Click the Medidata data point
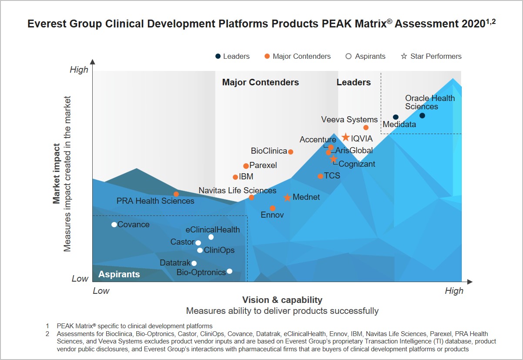click(x=396, y=117)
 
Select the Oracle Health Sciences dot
click(x=422, y=115)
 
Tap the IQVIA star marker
click(x=345, y=138)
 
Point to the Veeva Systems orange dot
click(x=366, y=128)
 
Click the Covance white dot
click(x=114, y=225)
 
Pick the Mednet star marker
click(x=287, y=198)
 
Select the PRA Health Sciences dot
click(x=176, y=194)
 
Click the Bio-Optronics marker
click(x=229, y=271)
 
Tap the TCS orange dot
click(x=320, y=176)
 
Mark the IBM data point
click(x=235, y=177)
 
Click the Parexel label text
click(x=263, y=165)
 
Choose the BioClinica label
click(x=269, y=151)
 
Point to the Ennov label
click(x=272, y=215)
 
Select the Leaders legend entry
click(x=233, y=56)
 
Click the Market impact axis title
click(x=57, y=174)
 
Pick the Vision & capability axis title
click(x=282, y=300)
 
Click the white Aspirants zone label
click(x=119, y=274)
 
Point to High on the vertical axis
click(x=79, y=70)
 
